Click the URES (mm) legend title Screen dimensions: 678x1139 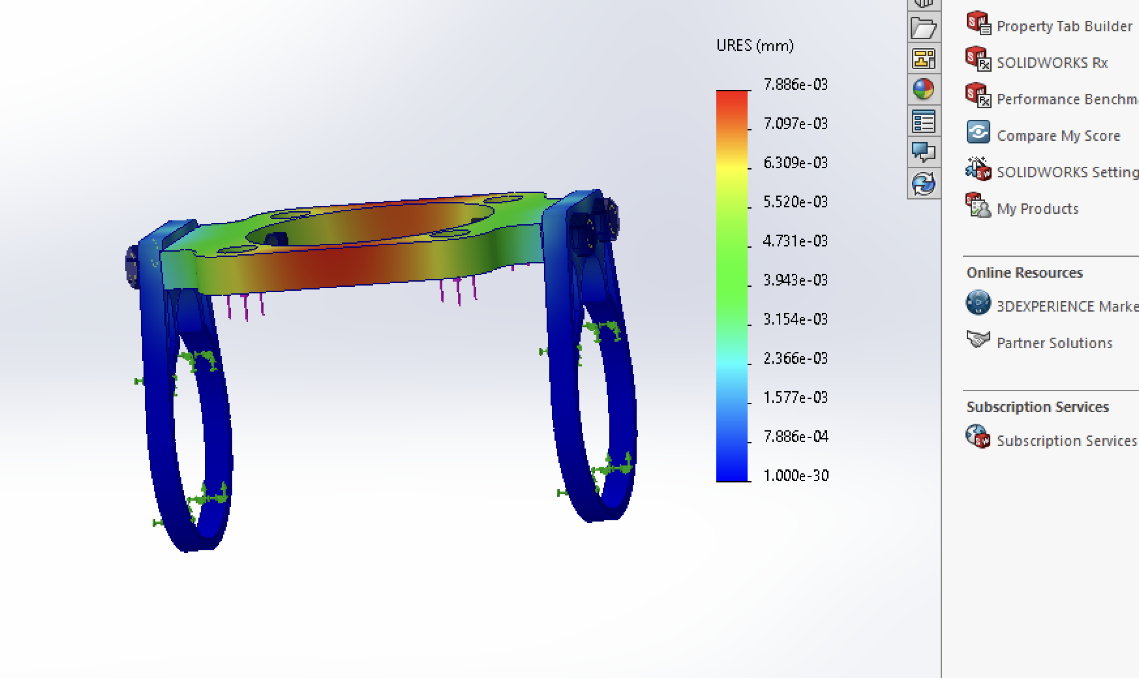755,46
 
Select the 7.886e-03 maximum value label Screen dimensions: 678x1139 795,85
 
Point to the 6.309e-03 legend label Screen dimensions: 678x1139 795,163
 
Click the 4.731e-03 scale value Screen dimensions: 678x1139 795,241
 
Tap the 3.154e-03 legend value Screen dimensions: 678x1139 795,319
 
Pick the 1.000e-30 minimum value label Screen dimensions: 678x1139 795,476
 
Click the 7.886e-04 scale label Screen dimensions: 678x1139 795,437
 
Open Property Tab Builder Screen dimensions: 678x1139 1063,26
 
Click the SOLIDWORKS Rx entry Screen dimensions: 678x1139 1052,63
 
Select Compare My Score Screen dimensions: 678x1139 1058,136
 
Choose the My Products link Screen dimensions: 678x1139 1037,209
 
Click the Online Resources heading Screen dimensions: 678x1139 1024,273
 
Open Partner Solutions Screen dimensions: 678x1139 1054,343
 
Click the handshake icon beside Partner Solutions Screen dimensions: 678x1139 978,340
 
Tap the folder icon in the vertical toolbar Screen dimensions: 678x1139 924,28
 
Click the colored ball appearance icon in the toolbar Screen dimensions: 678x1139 924,89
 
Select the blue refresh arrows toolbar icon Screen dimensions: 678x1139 924,184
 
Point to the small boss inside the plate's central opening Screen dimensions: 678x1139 277,239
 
